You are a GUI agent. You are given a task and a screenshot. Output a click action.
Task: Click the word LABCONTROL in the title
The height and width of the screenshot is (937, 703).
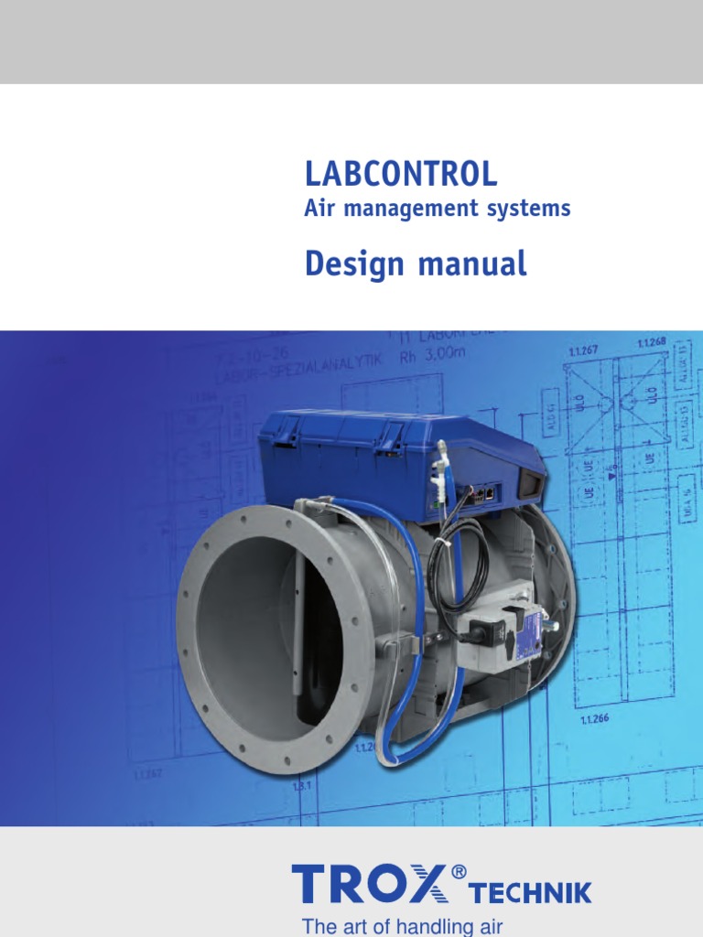[401, 173]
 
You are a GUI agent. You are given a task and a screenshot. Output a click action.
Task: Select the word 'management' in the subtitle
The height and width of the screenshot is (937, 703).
[394, 210]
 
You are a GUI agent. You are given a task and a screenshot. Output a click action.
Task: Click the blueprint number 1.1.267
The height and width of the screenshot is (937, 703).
[582, 350]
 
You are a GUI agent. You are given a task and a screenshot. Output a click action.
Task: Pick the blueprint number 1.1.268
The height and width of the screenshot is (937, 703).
[651, 342]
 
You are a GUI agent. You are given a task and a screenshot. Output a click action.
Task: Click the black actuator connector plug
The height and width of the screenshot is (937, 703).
[485, 631]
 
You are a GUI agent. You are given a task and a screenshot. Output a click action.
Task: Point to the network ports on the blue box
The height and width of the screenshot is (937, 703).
[482, 492]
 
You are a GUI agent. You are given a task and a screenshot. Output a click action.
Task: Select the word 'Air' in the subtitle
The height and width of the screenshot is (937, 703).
[315, 210]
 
